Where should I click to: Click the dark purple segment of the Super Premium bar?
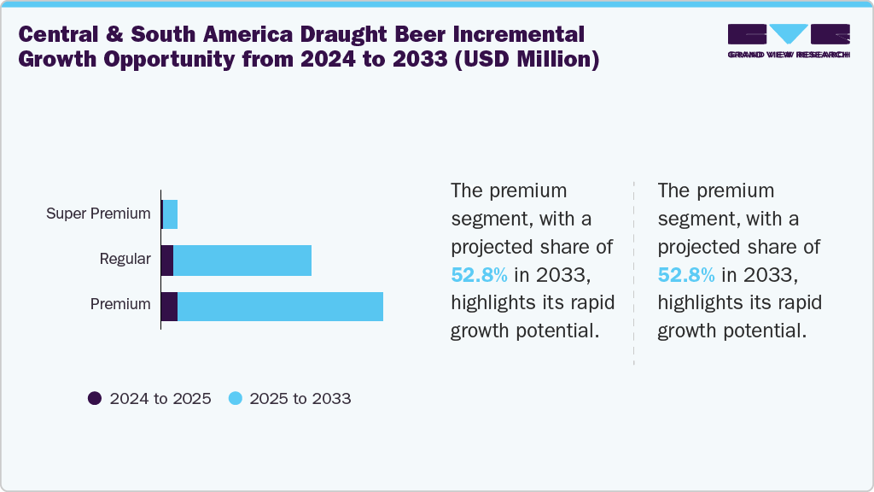tap(161, 214)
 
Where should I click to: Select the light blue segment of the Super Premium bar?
tap(170, 214)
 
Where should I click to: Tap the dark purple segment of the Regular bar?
tap(166, 260)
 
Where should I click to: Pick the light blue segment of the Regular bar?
tap(242, 260)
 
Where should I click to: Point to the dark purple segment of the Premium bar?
tap(169, 306)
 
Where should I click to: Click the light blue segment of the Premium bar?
tap(280, 306)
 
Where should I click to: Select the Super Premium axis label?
tap(98, 214)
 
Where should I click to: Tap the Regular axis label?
tap(125, 259)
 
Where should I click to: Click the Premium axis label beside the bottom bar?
tap(120, 304)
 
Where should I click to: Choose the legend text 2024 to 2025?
tap(160, 399)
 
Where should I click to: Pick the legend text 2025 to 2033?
tap(300, 399)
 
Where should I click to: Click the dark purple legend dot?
tap(95, 398)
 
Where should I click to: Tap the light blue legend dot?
tap(236, 398)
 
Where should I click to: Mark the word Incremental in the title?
tap(517, 35)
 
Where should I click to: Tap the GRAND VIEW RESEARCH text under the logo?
tap(788, 55)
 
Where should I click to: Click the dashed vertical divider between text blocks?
tap(634, 273)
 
